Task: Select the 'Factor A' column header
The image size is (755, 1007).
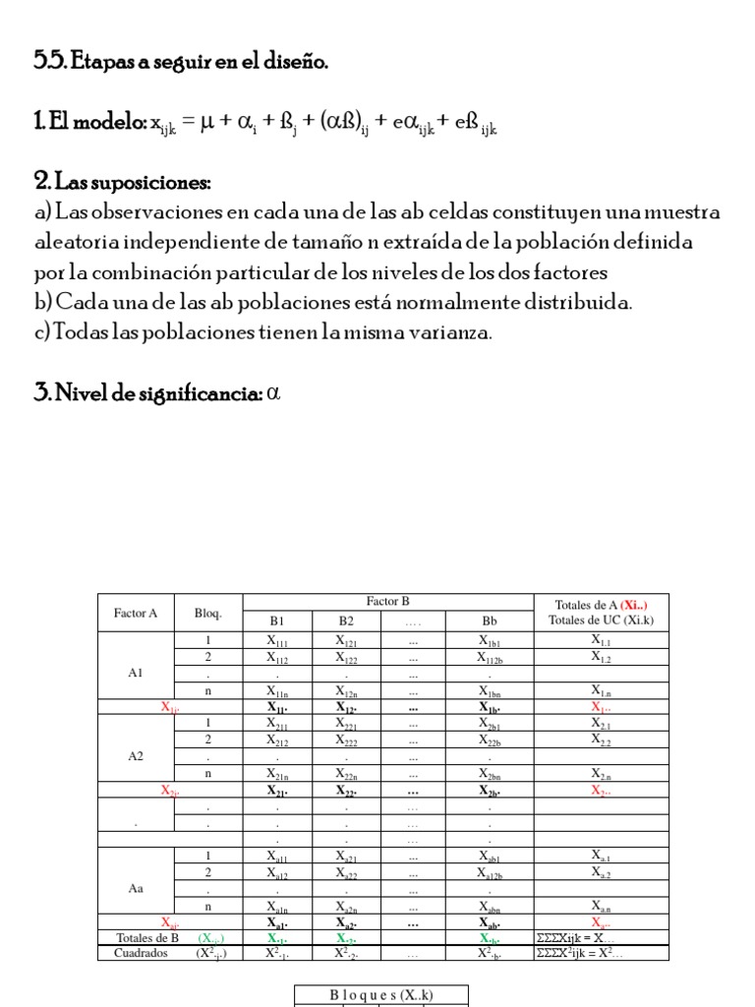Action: (136, 613)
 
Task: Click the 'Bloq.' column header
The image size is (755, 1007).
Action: (207, 613)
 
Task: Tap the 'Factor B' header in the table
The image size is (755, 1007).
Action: (387, 601)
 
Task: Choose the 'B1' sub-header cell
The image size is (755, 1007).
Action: (277, 622)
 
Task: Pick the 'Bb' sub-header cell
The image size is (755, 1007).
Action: (489, 622)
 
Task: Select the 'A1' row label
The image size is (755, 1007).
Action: (136, 674)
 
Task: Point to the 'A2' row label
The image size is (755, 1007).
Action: (136, 757)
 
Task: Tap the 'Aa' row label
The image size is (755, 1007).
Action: (136, 887)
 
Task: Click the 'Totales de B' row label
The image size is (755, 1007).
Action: (147, 938)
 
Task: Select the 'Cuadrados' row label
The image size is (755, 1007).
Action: (142, 952)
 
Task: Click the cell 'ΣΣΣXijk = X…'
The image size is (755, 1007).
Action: (579, 938)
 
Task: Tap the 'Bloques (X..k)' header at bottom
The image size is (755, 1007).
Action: (381, 995)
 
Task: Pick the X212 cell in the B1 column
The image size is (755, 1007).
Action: (277, 739)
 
